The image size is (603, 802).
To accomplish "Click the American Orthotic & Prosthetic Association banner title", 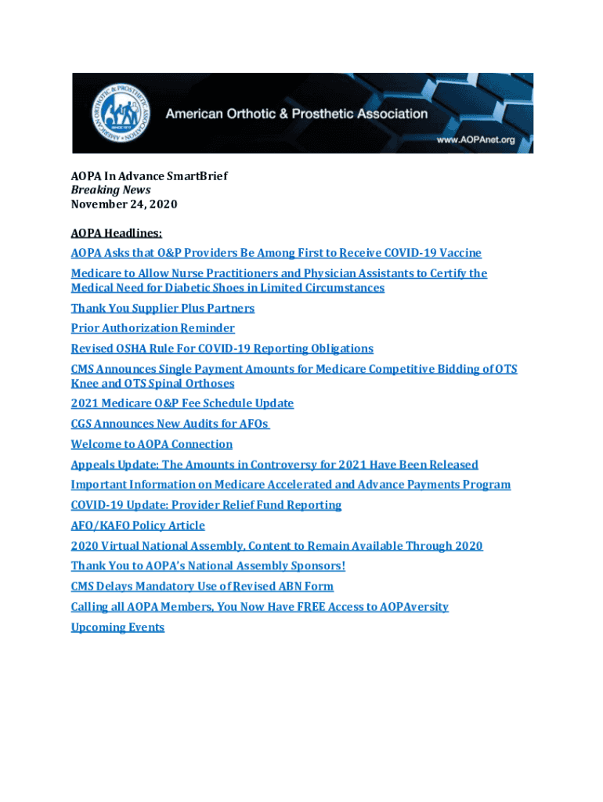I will click(296, 114).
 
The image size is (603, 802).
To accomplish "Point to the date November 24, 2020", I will click(124, 204).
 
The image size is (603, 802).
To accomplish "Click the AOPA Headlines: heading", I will click(116, 233).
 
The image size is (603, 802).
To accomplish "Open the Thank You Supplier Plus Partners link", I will click(162, 308).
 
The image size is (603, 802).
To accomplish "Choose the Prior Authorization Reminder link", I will click(153, 328).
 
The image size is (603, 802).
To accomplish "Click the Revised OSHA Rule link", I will click(222, 349).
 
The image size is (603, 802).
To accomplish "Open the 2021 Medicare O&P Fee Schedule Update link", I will click(182, 403).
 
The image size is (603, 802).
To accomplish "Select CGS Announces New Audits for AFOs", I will click(170, 424).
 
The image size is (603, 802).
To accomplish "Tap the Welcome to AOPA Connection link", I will click(151, 444).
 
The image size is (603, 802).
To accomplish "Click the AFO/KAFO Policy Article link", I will click(138, 526).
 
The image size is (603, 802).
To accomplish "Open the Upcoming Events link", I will click(117, 627).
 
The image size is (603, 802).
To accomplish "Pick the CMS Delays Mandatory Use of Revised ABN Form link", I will click(202, 587).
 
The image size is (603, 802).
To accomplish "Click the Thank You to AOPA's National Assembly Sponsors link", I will click(208, 566).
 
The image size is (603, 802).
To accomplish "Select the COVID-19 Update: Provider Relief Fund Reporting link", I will click(206, 505).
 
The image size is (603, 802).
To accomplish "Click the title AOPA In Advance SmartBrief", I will click(149, 176).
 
